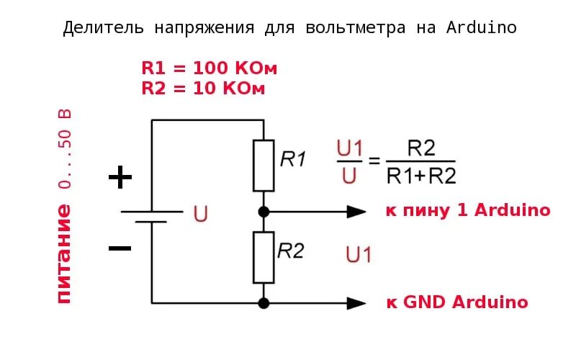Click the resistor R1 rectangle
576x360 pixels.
[264, 166]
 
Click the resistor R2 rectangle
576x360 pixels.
[264, 257]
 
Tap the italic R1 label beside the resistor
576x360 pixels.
[293, 159]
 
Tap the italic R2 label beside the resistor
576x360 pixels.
[291, 251]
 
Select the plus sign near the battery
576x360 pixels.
[120, 177]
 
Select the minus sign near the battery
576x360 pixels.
[120, 248]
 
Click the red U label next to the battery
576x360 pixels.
[201, 214]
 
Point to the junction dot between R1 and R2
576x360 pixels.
[264, 212]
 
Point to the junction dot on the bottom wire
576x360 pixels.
[264, 303]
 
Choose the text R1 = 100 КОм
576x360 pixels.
[210, 68]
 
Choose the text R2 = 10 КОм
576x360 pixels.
[204, 89]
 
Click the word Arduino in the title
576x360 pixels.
[482, 28]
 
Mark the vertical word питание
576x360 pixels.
[63, 253]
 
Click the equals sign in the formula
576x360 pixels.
[374, 161]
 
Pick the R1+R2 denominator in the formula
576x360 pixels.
[421, 175]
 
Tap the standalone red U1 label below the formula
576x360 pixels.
[359, 254]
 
